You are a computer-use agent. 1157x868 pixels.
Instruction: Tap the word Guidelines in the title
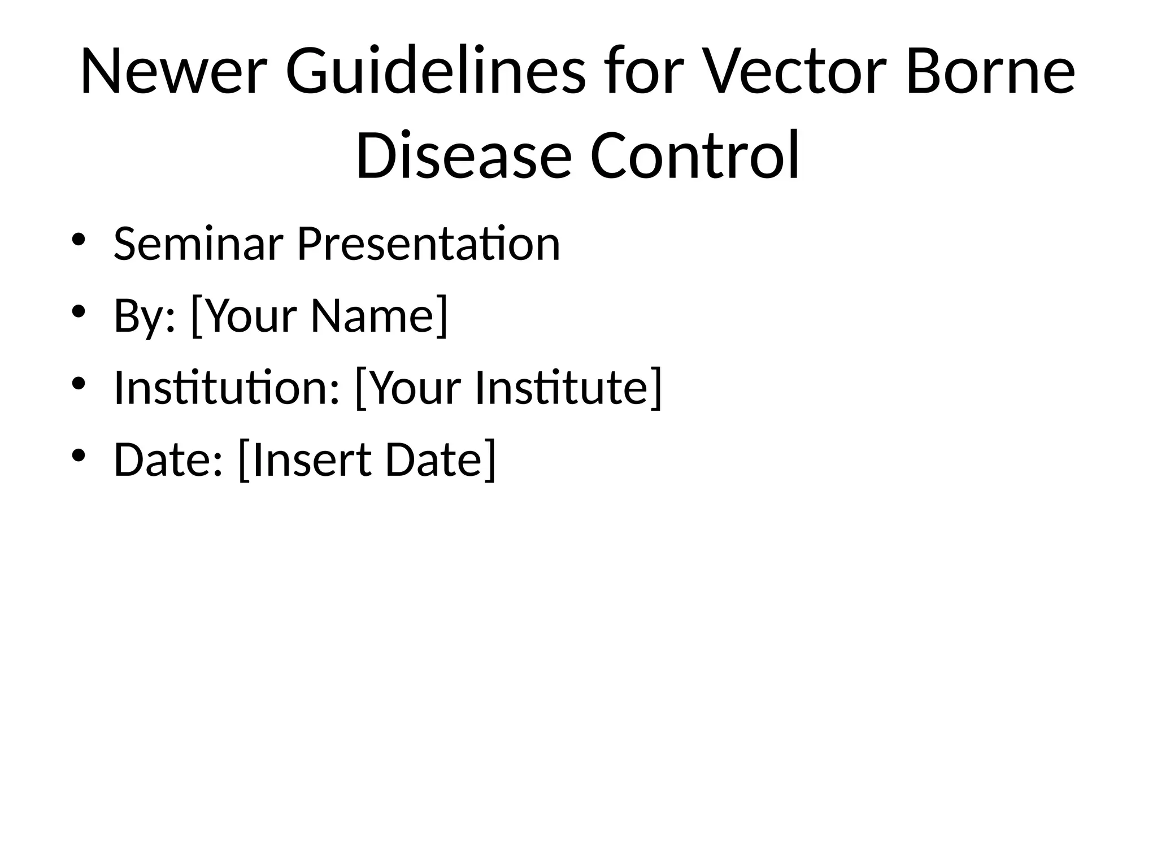point(436,72)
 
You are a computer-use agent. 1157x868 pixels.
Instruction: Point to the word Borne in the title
point(990,72)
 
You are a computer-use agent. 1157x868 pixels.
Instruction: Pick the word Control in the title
point(694,155)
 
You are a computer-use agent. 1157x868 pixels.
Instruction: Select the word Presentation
point(428,244)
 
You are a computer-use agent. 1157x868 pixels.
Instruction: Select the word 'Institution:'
point(227,388)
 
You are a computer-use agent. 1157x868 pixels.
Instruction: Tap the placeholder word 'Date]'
point(441,459)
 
